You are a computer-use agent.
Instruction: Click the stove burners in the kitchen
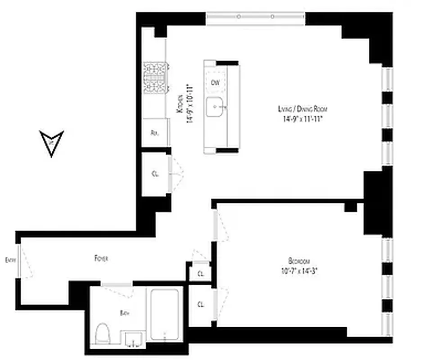pos(155,76)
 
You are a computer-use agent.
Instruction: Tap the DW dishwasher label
pos(215,82)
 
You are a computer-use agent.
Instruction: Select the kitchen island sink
pos(217,107)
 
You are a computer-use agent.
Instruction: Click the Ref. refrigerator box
pos(155,132)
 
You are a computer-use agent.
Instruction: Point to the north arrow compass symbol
pos(52,143)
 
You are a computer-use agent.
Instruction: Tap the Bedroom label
pos(299,261)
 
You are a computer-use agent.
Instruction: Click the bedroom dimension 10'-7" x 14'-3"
pos(299,270)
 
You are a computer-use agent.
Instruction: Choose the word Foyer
pos(101,258)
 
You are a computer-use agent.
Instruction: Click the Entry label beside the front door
pos(9,260)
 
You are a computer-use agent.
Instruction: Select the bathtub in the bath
pos(164,314)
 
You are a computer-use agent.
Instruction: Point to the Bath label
pos(125,313)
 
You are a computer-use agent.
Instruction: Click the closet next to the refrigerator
pos(155,174)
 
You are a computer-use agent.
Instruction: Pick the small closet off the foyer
pos(199,272)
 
